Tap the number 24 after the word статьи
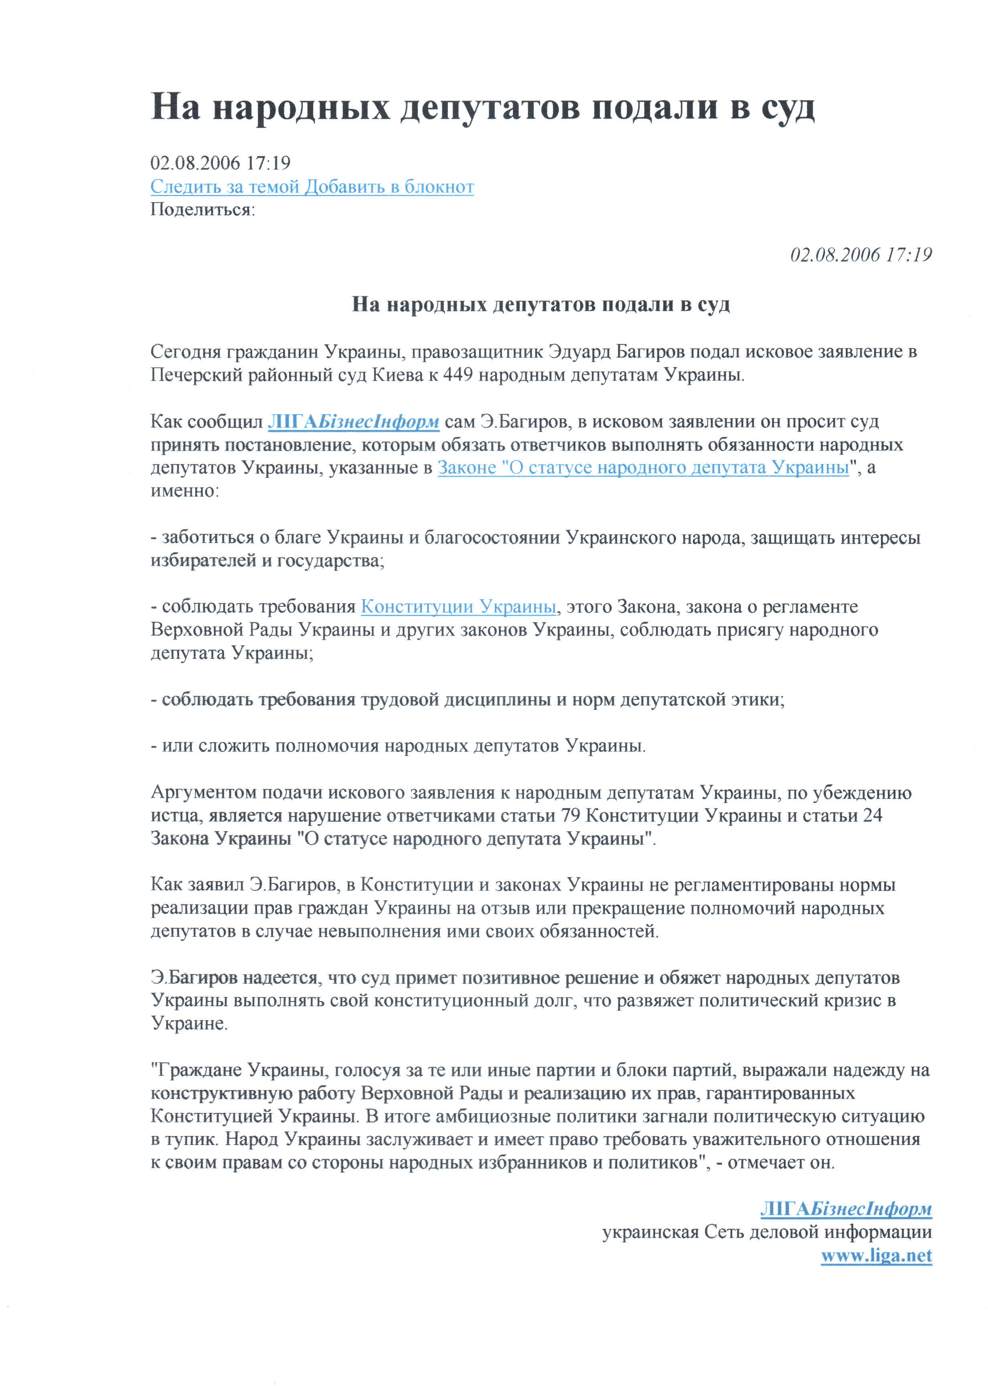tap(873, 815)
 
